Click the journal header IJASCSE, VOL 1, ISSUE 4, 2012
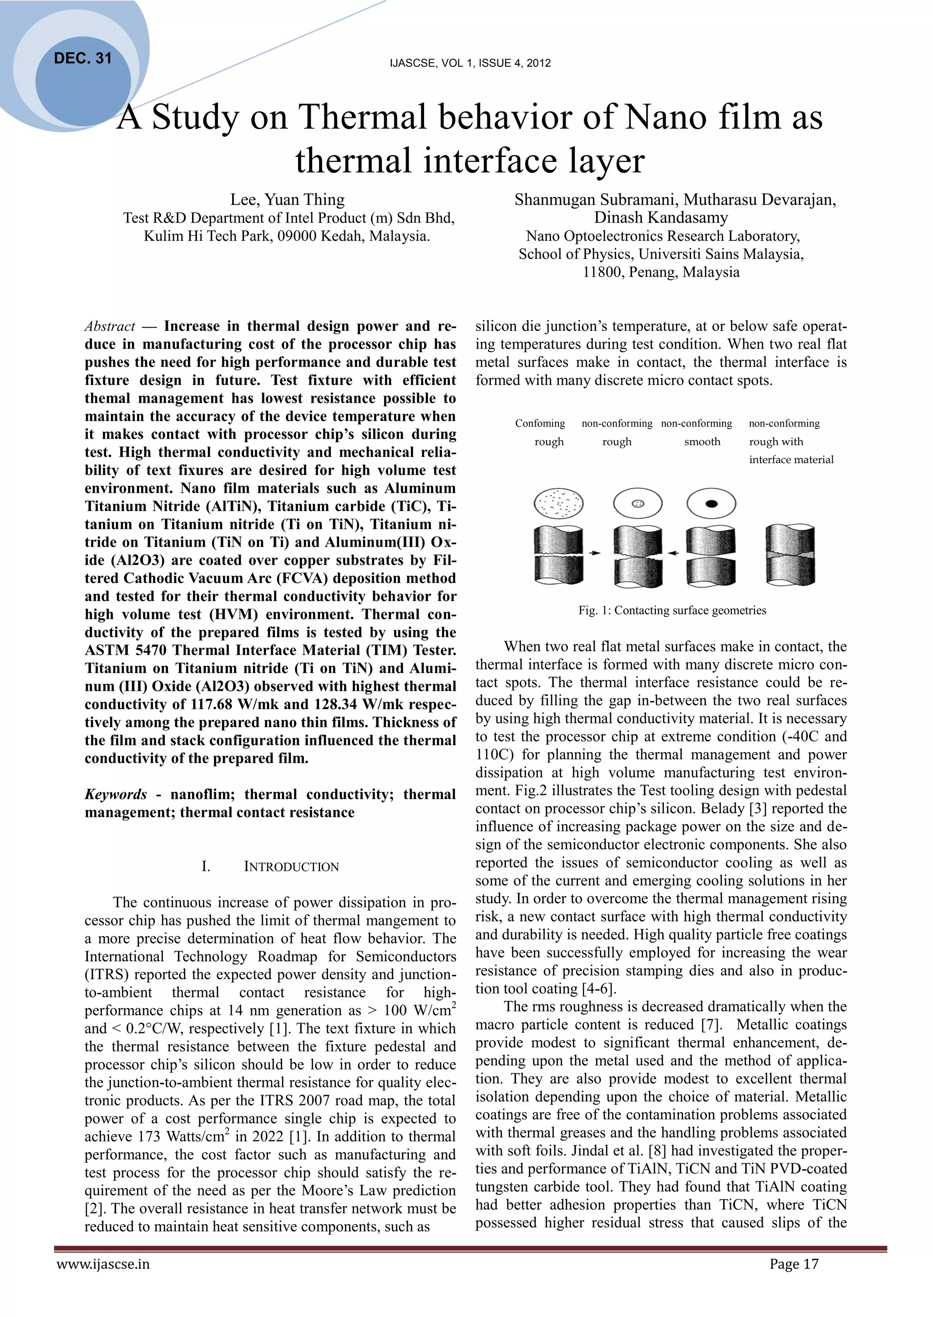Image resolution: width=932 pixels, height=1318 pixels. (x=470, y=63)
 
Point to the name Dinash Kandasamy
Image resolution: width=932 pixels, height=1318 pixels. (x=661, y=218)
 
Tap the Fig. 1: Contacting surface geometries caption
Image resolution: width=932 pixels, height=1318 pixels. (x=672, y=610)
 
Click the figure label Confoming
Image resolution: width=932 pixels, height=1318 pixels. (x=540, y=423)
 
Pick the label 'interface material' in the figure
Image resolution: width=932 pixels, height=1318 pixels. (x=791, y=459)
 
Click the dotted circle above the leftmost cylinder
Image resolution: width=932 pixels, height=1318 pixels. (x=558, y=503)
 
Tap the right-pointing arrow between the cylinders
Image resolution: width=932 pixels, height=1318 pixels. (x=596, y=553)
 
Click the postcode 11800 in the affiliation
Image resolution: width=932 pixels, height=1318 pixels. (x=603, y=272)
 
